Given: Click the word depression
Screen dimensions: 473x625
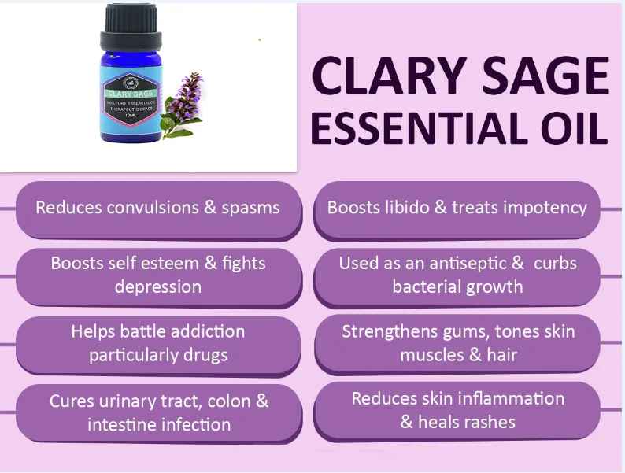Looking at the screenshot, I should click(158, 286).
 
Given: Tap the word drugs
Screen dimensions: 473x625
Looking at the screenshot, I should click(204, 355).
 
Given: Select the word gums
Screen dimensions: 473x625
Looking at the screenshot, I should click(460, 331).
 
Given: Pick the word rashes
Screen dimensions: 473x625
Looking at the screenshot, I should click(487, 422).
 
